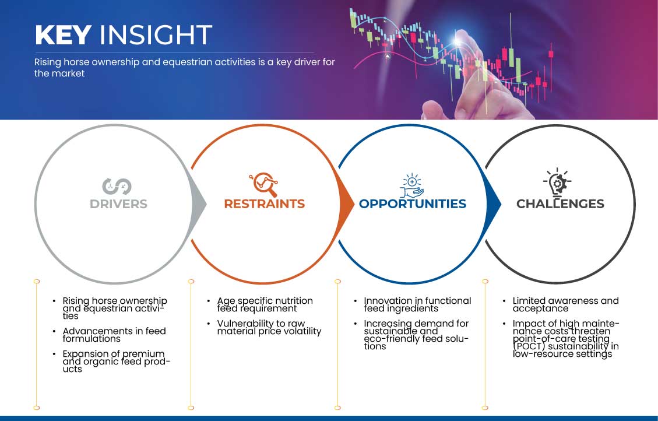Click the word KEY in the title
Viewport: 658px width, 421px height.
tap(64, 35)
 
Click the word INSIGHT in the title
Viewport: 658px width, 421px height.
tap(156, 35)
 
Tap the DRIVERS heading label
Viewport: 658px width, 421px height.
tap(118, 204)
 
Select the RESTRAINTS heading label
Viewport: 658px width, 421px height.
tap(265, 204)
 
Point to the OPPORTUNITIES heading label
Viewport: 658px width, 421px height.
tap(413, 204)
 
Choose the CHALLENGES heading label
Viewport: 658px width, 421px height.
tap(560, 204)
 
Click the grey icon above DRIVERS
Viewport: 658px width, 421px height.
tap(117, 187)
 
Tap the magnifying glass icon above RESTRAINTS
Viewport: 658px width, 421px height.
tap(264, 184)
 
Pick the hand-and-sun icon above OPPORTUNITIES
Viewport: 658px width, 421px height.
tap(411, 185)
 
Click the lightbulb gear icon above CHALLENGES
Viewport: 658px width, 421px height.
tap(557, 183)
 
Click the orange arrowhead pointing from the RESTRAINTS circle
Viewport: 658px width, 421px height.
tap(347, 205)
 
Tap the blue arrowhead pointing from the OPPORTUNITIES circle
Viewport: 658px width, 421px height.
tap(494, 205)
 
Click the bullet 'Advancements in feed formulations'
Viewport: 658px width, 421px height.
tap(114, 335)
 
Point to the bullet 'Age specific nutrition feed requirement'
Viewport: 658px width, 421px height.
tap(265, 305)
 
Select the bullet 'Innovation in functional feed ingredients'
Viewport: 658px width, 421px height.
tap(417, 305)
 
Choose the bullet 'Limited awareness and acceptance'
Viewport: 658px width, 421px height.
tap(565, 305)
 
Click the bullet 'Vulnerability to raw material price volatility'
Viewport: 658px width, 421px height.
tap(269, 327)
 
